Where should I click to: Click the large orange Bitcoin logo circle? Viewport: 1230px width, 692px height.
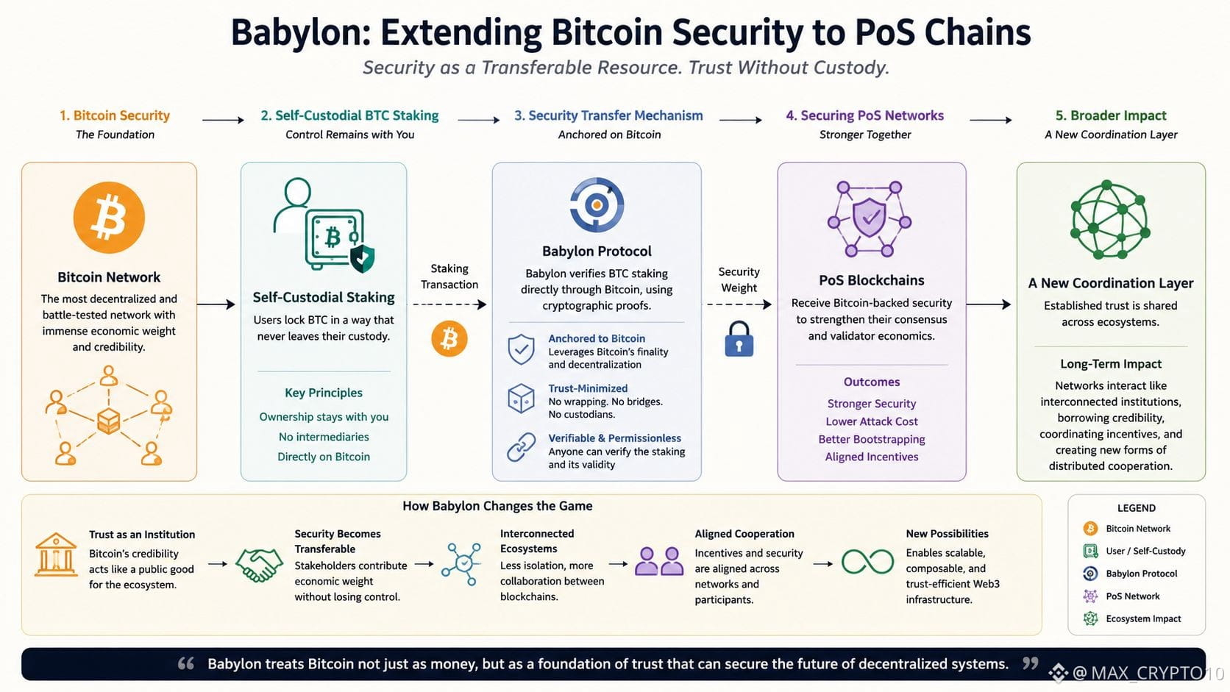pos(109,218)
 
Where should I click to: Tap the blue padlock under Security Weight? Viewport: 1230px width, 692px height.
pos(739,339)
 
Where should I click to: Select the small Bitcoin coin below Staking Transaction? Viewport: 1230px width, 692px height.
pos(449,338)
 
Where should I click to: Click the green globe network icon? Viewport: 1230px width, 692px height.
pos(1110,219)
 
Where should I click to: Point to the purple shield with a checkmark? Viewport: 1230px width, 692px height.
pos(870,218)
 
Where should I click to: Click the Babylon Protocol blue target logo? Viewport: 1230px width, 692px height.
pos(597,204)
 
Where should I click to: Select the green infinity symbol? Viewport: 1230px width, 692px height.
pos(867,562)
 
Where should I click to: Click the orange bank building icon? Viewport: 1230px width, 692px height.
pos(55,554)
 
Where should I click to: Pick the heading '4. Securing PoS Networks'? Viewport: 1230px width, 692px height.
pos(865,115)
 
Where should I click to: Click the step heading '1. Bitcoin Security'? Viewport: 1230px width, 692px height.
pos(115,115)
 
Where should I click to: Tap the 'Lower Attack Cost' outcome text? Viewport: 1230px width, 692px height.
pos(872,421)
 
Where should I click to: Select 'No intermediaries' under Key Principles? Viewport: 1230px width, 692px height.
pos(324,437)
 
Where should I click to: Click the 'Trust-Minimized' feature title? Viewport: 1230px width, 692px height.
pos(588,388)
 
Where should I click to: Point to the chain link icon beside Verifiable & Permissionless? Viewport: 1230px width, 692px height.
pos(521,447)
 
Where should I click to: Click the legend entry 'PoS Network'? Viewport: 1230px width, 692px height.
pos(1133,596)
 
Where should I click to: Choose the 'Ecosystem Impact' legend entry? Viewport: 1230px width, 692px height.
pos(1143,618)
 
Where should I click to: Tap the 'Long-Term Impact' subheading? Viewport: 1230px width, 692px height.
pos(1111,364)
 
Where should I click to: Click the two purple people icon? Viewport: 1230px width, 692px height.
pos(659,561)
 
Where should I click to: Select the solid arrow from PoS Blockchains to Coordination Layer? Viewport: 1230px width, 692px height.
pos(989,304)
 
